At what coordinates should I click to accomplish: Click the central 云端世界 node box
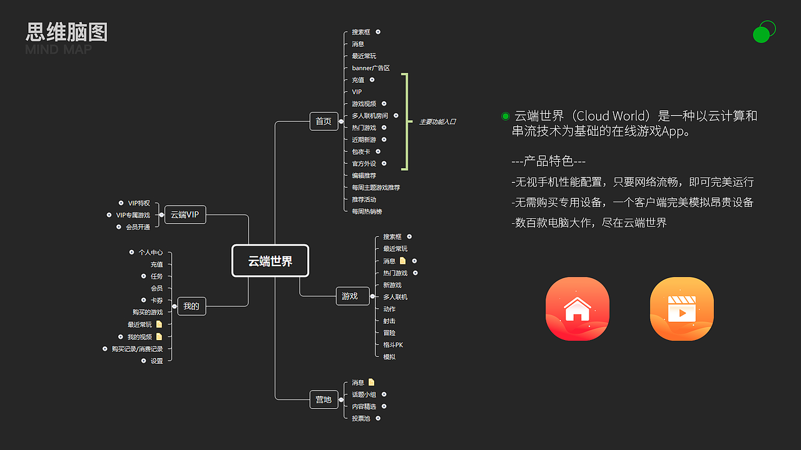(x=270, y=261)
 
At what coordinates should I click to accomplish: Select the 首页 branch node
(x=324, y=121)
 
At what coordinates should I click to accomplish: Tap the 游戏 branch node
(x=350, y=296)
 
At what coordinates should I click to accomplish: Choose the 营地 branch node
(x=324, y=399)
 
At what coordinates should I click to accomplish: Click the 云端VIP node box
(x=185, y=215)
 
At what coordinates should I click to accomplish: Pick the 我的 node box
(x=191, y=306)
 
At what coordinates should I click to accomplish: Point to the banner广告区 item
(x=370, y=68)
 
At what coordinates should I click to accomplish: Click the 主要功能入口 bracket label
(x=437, y=122)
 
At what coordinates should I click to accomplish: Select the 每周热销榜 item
(x=367, y=212)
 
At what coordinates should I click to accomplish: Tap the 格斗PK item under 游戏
(x=393, y=345)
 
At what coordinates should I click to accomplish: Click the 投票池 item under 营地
(x=361, y=418)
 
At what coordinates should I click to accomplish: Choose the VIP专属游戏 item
(x=133, y=215)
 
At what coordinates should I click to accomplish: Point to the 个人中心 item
(x=151, y=252)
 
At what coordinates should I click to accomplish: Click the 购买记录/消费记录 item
(x=137, y=349)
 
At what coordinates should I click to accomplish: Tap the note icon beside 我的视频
(x=159, y=337)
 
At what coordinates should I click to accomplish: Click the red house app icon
(x=577, y=309)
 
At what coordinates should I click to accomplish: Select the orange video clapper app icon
(x=681, y=309)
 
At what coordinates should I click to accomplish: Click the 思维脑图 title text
(x=67, y=32)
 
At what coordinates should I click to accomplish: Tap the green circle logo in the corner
(x=763, y=32)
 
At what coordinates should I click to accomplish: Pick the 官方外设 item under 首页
(x=364, y=164)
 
